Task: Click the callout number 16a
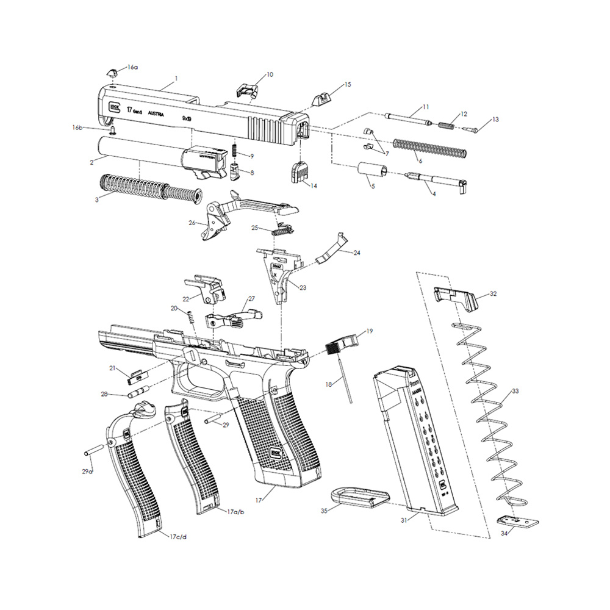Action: point(132,67)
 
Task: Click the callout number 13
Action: point(495,120)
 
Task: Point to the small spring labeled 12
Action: point(447,126)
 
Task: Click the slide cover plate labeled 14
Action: point(299,171)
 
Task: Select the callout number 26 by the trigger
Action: point(193,223)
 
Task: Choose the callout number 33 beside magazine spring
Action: point(515,391)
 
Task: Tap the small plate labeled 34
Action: point(518,522)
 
